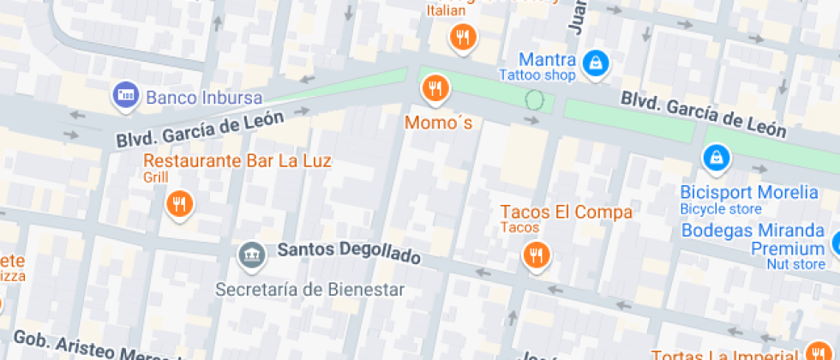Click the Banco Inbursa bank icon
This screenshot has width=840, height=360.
click(126, 96)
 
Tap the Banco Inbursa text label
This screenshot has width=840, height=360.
click(204, 97)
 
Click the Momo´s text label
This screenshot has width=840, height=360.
click(438, 123)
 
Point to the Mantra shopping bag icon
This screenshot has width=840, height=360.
click(594, 62)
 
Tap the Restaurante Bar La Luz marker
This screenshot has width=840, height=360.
click(179, 204)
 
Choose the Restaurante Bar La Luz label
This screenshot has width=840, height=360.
click(237, 161)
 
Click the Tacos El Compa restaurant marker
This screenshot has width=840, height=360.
click(536, 255)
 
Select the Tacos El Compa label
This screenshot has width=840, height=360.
click(566, 212)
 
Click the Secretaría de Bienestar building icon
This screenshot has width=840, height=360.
click(251, 254)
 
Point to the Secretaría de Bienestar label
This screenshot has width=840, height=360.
click(309, 289)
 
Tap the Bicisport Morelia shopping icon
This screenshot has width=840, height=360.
click(715, 158)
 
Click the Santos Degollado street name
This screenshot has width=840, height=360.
click(349, 254)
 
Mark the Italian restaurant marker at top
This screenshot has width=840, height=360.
click(463, 36)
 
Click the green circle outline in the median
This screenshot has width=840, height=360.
click(535, 100)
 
